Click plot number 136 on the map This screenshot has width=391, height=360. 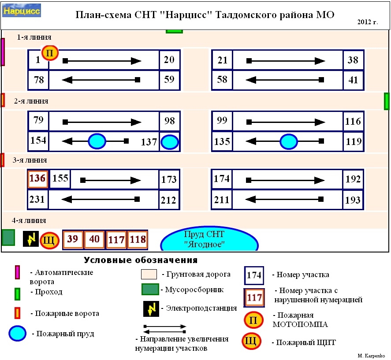tap(37, 179)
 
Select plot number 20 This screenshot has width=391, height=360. tap(169, 59)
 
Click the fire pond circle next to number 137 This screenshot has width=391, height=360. tap(169, 142)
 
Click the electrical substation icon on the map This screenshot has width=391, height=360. tap(30, 239)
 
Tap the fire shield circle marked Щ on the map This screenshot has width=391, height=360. tap(49, 241)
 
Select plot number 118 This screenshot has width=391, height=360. tap(138, 240)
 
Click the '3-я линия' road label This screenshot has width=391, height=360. tap(30, 160)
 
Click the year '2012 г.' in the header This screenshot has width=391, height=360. tap(368, 22)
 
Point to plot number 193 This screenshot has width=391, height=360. tap(354, 200)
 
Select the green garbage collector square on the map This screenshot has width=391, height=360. tap(8, 237)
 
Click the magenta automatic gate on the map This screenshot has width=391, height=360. tap(3, 52)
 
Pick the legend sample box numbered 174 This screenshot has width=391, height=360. tap(254, 275)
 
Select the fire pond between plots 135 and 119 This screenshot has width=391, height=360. tap(289, 142)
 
